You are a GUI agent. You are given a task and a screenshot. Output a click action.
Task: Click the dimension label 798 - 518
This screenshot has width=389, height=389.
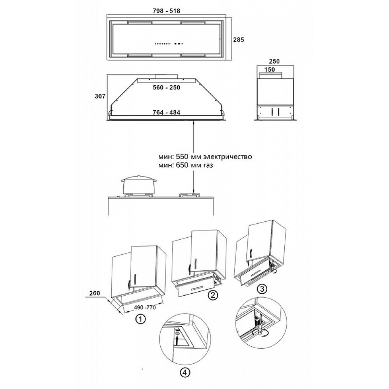[166, 11]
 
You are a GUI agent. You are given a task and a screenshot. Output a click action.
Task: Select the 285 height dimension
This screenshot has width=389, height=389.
[238, 40]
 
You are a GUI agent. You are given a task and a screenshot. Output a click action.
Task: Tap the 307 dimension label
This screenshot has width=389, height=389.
[100, 96]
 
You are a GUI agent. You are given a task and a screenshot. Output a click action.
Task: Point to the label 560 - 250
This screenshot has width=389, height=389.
[166, 88]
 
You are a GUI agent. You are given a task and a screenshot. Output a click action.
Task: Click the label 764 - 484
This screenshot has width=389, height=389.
[166, 112]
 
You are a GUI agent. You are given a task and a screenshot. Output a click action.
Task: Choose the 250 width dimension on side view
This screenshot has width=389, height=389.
[274, 61]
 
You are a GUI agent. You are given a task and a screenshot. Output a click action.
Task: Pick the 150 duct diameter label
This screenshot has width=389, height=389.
[270, 70]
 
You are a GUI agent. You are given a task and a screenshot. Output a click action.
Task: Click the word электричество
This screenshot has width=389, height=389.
[227, 157]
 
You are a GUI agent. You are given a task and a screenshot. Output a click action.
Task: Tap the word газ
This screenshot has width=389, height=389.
[208, 165]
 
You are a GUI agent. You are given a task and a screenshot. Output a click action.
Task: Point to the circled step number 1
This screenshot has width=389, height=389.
[141, 319]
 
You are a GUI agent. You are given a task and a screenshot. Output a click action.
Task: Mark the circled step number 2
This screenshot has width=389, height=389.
[213, 295]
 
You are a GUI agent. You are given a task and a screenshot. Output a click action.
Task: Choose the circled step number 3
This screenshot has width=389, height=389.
[262, 289]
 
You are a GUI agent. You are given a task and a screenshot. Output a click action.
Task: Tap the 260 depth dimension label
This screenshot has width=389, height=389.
[94, 293]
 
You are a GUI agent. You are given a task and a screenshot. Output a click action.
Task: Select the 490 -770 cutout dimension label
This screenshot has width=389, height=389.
[145, 308]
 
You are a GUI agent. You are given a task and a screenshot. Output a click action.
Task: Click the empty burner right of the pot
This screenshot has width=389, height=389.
[190, 195]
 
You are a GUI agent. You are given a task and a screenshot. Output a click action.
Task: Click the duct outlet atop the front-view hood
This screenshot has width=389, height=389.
[166, 77]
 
